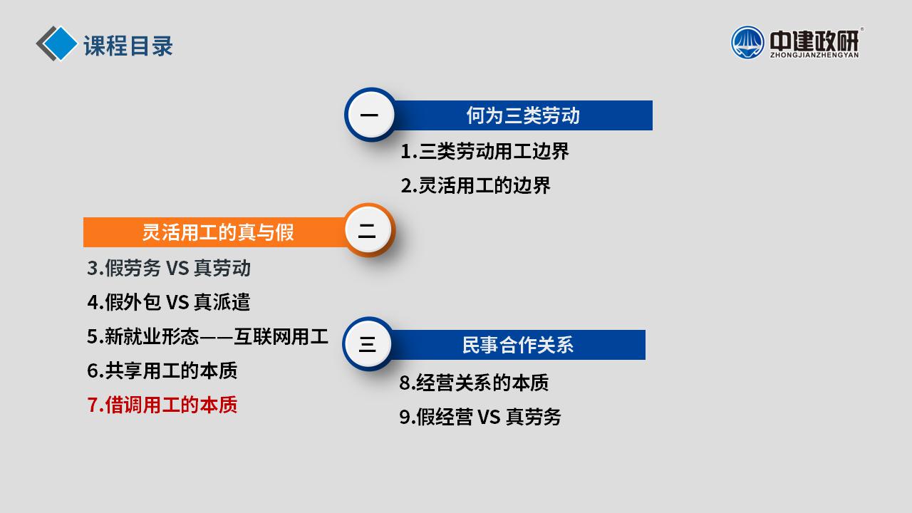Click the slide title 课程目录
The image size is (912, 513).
tap(128, 46)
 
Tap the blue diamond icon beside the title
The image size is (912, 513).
tap(59, 43)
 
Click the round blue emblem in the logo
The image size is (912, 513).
tap(747, 43)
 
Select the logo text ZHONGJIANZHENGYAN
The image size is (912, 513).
tap(814, 55)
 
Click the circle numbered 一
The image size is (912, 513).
tap(370, 115)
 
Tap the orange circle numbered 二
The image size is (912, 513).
tap(368, 230)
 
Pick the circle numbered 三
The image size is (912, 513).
tap(367, 344)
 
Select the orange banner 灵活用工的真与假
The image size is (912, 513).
tap(216, 232)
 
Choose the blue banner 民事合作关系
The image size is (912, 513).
tap(517, 345)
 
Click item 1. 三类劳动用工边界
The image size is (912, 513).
tap(484, 152)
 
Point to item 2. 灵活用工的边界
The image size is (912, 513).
tap(475, 186)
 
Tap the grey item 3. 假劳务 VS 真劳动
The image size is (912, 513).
tap(169, 269)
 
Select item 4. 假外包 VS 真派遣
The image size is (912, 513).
tap(169, 303)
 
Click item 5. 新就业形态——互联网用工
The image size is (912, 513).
tap(207, 337)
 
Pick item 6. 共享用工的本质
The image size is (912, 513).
tap(162, 371)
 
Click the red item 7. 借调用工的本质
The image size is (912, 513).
tap(162, 405)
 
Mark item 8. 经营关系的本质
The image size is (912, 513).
tap(474, 383)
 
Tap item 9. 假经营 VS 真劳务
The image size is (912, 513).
tap(480, 417)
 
